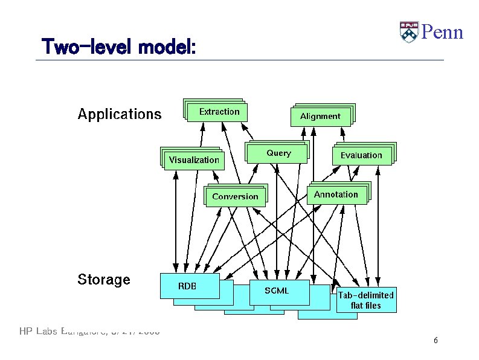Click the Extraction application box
point(219,112)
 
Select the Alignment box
point(320,117)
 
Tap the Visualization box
point(194,160)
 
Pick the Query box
point(278,153)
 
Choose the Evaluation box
point(361,155)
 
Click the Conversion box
point(235,197)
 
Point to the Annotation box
point(336,194)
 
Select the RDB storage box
point(189,286)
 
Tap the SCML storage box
point(278,291)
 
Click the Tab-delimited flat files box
point(366,300)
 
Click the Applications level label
point(120,114)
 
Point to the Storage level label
point(103,280)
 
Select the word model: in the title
point(166,47)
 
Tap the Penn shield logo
point(409,31)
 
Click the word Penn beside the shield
point(442,31)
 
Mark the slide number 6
point(436,341)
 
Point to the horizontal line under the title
point(242,60)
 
